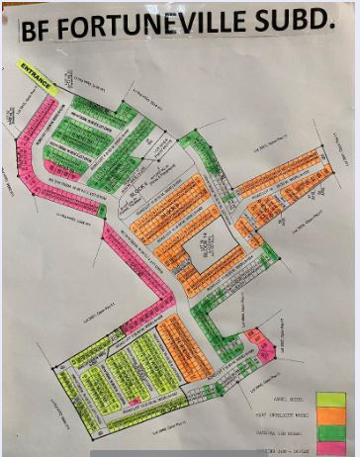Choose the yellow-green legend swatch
(330, 400)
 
